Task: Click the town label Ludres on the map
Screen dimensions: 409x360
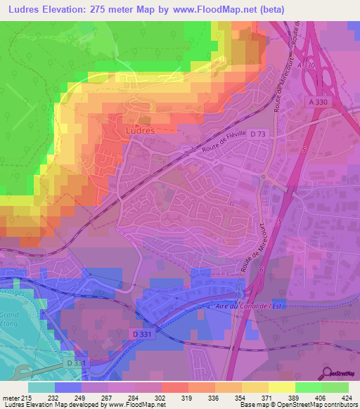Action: coord(139,130)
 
